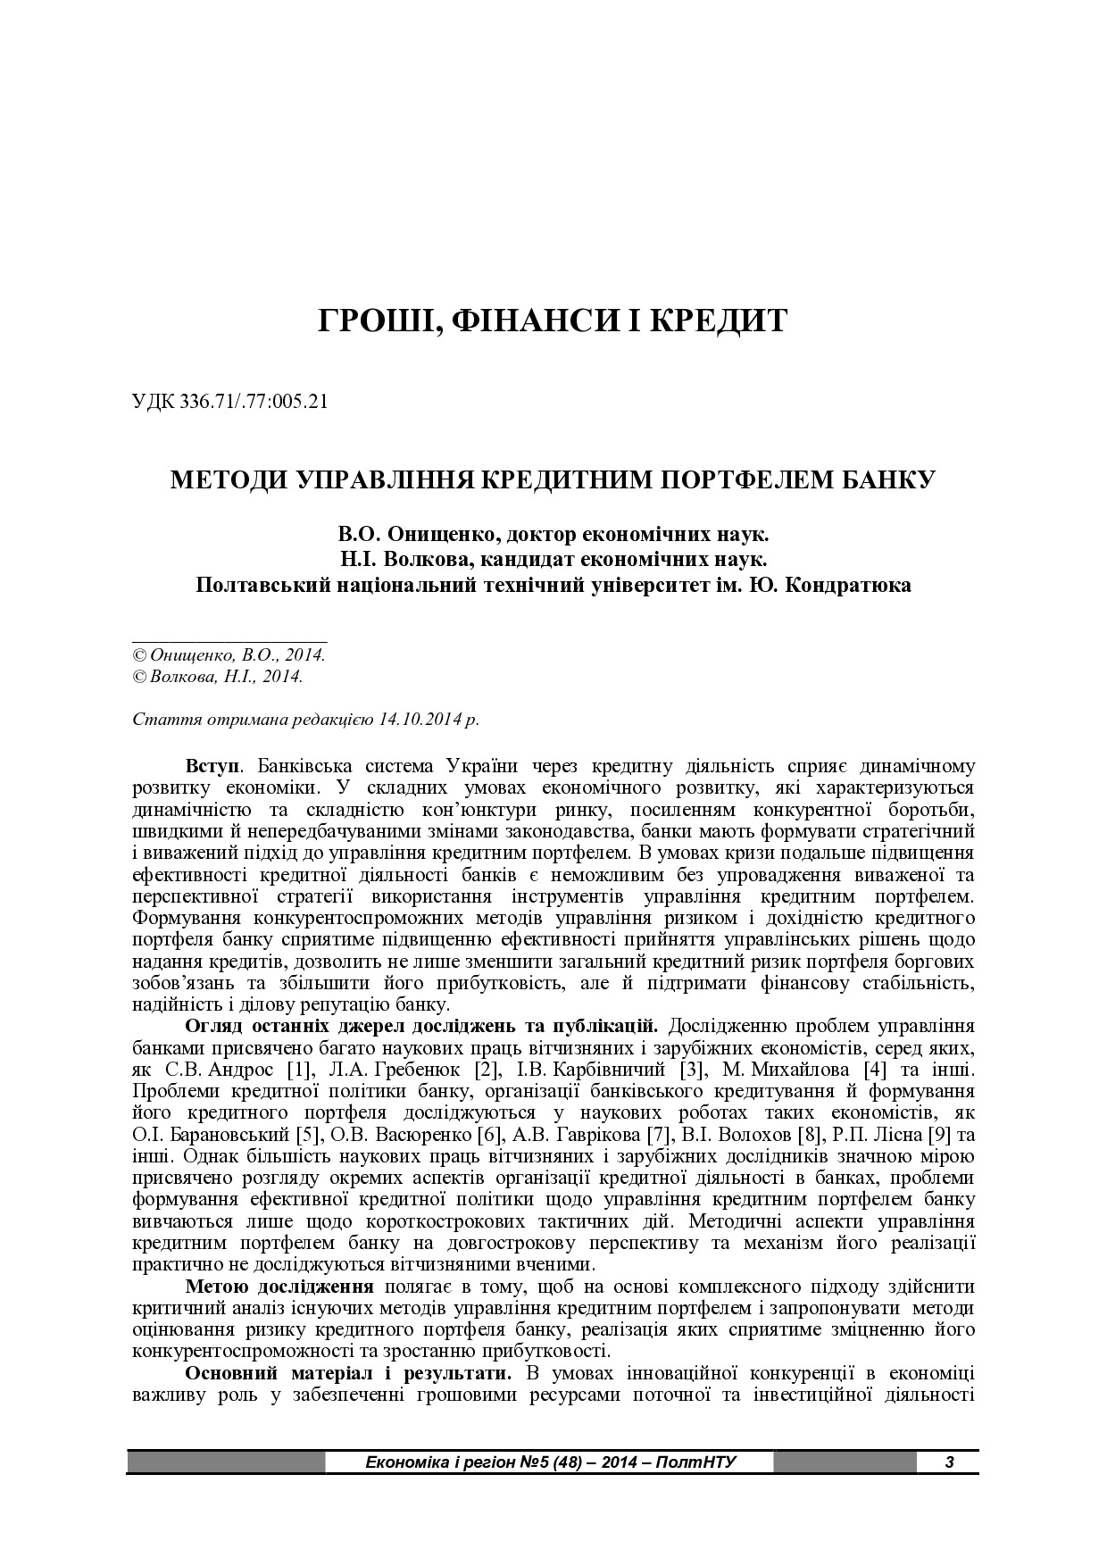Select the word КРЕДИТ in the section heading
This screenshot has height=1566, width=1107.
pos(716,321)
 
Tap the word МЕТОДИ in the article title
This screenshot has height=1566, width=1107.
pos(224,479)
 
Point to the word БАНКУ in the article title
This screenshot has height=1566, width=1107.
pos(887,479)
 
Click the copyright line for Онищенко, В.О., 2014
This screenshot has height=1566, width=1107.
pos(229,654)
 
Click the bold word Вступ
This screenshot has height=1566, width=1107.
pos(212,766)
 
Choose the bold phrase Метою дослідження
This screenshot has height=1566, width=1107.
pos(279,1287)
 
